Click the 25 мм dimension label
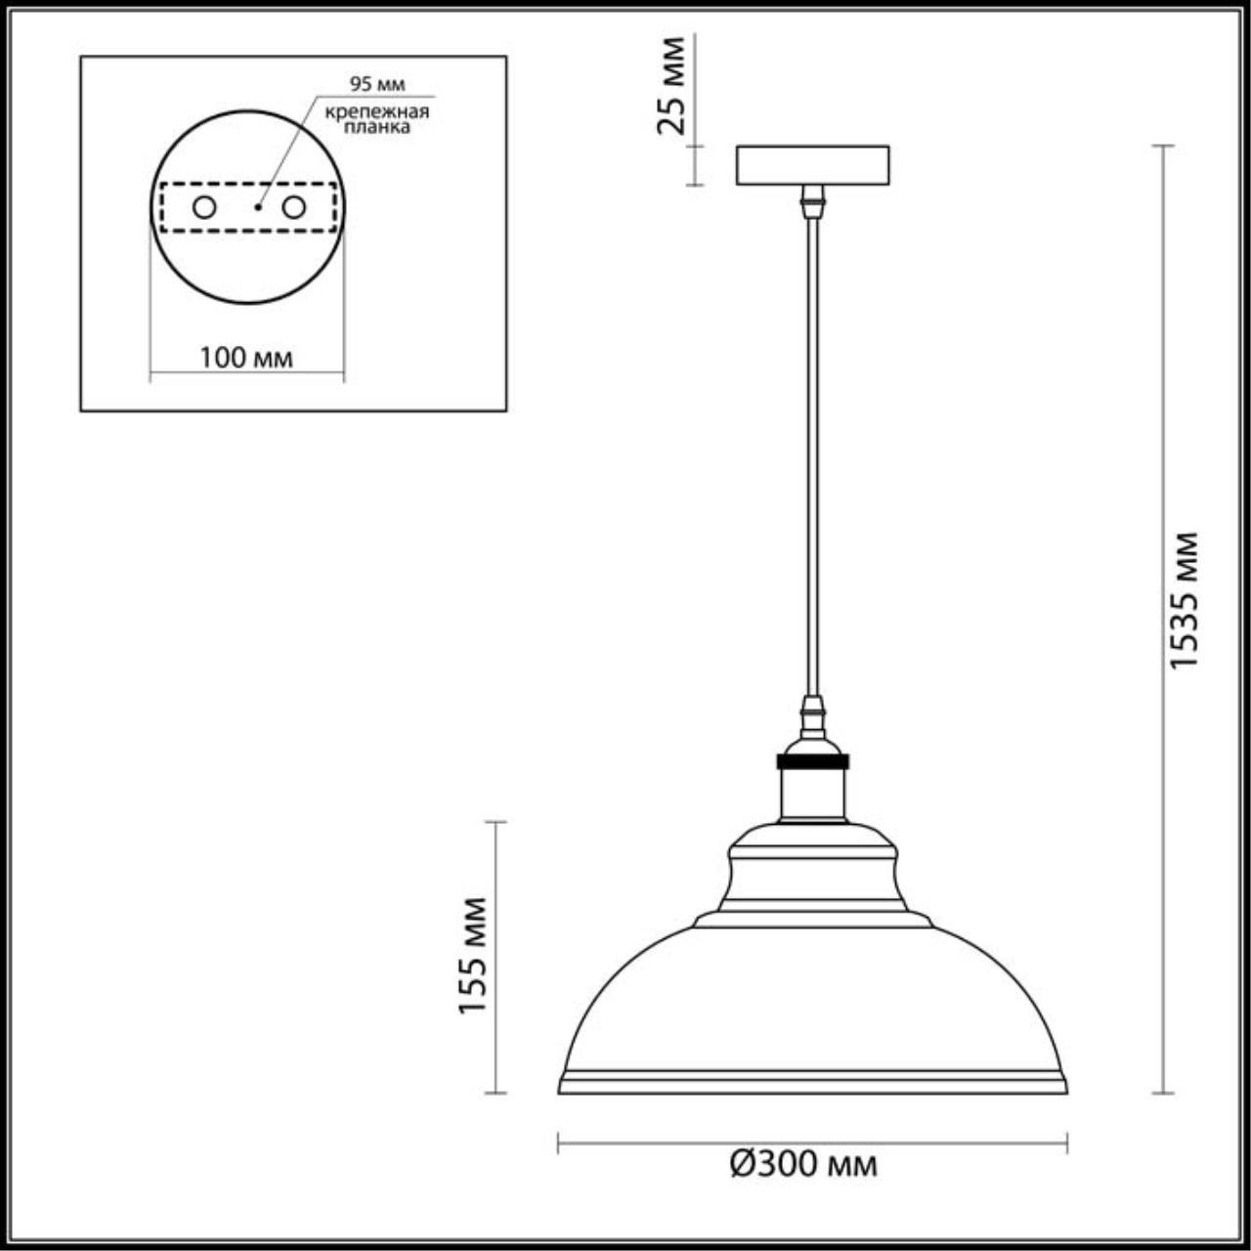672,86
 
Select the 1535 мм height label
1185,600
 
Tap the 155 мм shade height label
473,955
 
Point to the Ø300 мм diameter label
803,1164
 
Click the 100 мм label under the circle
246,358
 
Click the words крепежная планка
377,118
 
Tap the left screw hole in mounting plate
204,207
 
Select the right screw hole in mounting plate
293,207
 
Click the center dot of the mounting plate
257,207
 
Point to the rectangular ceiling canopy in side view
812,165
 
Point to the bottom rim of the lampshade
812,1085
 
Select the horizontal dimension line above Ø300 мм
812,1141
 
